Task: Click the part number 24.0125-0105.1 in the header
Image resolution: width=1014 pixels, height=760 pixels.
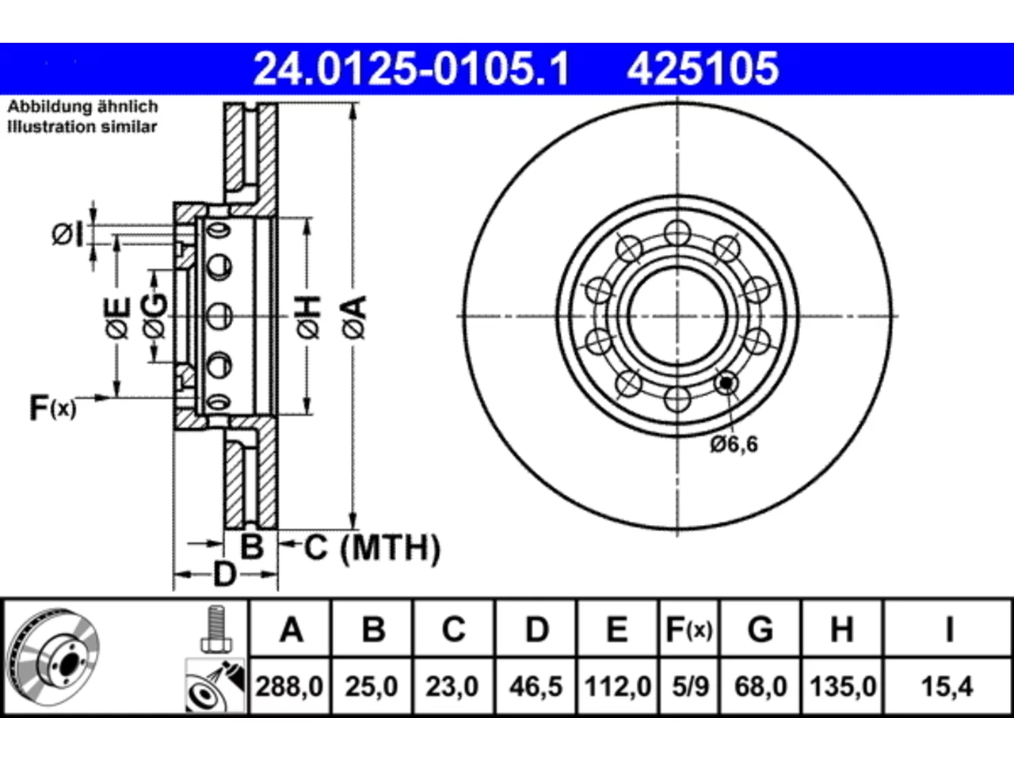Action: tap(412, 69)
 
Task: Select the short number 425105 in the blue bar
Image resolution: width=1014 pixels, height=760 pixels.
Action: tap(703, 69)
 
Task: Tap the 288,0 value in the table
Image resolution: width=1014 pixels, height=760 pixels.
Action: tap(289, 686)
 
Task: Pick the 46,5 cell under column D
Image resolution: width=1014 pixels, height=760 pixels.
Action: tap(536, 686)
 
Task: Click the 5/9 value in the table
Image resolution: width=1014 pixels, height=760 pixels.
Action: tap(690, 686)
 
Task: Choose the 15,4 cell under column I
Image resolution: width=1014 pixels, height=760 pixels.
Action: tap(947, 686)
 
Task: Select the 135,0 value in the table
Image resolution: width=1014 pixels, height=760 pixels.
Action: tap(843, 686)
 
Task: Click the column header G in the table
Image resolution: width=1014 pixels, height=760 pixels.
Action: tap(760, 629)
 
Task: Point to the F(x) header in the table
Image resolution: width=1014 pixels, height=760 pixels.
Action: tap(689, 629)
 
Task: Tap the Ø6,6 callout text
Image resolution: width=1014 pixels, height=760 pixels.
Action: tap(734, 444)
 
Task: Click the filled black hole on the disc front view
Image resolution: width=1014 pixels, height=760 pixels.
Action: tap(726, 382)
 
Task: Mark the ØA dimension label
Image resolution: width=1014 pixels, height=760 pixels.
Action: tap(355, 317)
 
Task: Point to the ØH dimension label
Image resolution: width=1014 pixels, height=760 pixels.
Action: tap(309, 317)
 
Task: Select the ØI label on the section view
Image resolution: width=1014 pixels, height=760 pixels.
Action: tap(68, 234)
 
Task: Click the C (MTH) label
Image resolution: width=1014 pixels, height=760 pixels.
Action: tap(372, 548)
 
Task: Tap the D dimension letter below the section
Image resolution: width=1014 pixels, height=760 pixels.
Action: tap(225, 575)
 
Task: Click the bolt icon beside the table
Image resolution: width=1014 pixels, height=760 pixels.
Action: tap(215, 629)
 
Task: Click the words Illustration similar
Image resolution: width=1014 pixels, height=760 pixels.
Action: tap(82, 127)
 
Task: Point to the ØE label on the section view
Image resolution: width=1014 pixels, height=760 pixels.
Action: tap(117, 317)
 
